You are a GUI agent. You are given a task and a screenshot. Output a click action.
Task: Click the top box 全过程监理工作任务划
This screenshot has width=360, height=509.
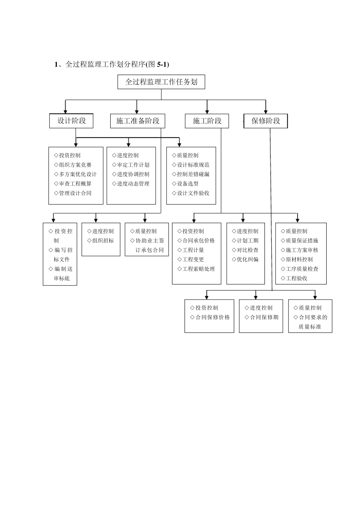click(161, 82)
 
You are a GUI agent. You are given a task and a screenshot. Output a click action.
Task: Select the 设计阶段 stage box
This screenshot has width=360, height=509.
click(71, 121)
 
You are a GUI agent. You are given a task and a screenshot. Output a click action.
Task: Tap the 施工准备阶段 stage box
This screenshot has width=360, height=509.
click(138, 121)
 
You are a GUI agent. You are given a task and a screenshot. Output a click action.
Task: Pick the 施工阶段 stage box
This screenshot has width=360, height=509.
click(207, 121)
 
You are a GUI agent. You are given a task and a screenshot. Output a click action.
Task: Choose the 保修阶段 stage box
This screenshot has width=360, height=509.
click(266, 121)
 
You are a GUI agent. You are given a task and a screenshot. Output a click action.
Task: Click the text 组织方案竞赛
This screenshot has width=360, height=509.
click(75, 165)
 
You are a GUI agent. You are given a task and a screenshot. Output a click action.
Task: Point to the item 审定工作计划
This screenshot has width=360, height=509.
click(133, 165)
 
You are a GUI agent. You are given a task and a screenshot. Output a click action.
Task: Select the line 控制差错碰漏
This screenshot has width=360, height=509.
click(193, 174)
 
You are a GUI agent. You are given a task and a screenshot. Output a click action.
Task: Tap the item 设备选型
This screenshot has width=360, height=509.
click(188, 184)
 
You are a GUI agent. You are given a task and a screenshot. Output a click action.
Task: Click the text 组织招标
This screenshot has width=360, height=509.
click(103, 240)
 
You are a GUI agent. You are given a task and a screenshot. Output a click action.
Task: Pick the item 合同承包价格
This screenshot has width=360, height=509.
click(198, 240)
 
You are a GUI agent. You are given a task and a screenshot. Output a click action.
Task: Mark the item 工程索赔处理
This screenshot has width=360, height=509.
click(198, 269)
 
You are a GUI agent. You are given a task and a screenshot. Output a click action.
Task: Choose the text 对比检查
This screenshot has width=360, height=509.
click(247, 250)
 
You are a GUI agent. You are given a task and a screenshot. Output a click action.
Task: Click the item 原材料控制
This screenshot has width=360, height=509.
click(299, 259)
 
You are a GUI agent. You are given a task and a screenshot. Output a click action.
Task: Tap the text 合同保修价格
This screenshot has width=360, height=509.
click(212, 317)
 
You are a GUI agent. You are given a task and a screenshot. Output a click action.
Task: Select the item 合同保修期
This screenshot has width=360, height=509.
click(264, 317)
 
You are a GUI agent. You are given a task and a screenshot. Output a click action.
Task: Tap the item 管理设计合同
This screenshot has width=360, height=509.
click(75, 193)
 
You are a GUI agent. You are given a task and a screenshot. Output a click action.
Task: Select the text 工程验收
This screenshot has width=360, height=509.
click(296, 278)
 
